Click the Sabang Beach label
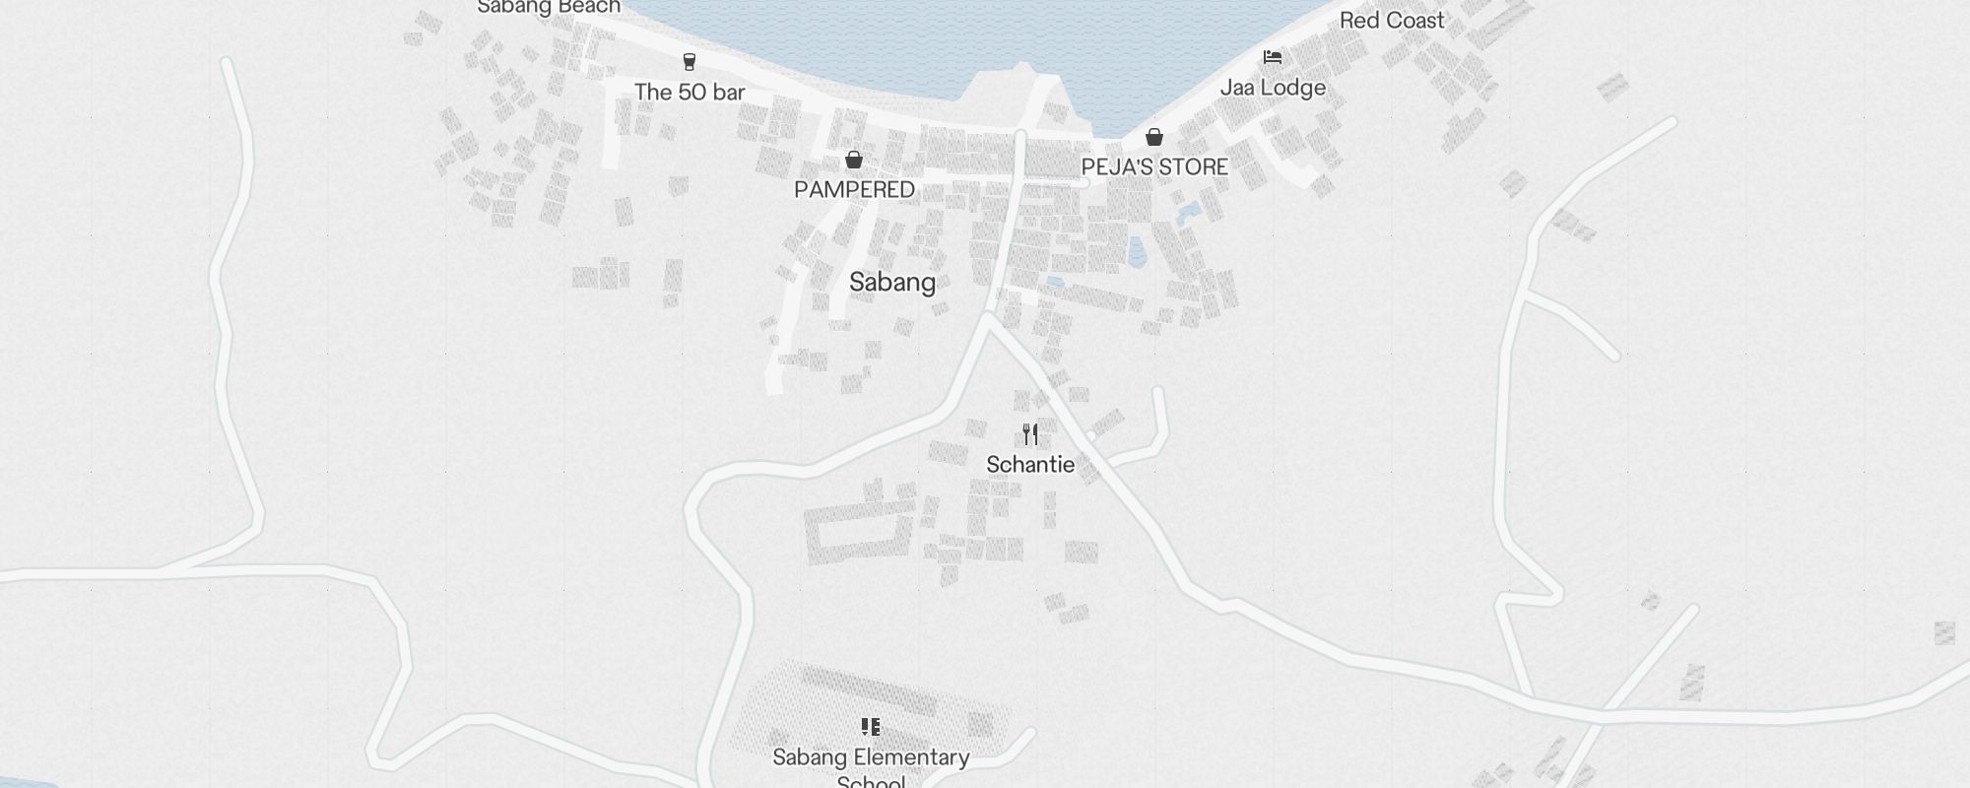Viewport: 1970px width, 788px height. pyautogui.click(x=549, y=7)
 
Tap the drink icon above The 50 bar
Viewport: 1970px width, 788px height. pyautogui.click(x=689, y=62)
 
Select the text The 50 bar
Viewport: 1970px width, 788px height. pyautogui.click(x=689, y=93)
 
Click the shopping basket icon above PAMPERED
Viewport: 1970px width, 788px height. pyautogui.click(x=854, y=160)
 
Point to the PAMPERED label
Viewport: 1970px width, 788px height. pyautogui.click(x=854, y=189)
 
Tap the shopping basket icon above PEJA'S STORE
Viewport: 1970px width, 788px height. pyautogui.click(x=1154, y=137)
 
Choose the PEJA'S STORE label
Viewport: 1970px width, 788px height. pyautogui.click(x=1154, y=167)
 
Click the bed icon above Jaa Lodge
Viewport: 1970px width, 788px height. pyautogui.click(x=1273, y=57)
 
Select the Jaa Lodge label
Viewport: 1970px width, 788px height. pyautogui.click(x=1273, y=88)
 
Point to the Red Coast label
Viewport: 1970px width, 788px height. pyautogui.click(x=1392, y=21)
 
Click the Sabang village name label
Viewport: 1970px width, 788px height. pyautogui.click(x=892, y=283)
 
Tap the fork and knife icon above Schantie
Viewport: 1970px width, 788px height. pyautogui.click(x=1030, y=434)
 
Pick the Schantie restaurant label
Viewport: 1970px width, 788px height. pyautogui.click(x=1030, y=465)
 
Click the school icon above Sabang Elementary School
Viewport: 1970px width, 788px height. pyautogui.click(x=871, y=727)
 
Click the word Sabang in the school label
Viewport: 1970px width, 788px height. pyautogui.click(x=810, y=757)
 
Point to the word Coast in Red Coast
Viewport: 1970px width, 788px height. pyautogui.click(x=1414, y=21)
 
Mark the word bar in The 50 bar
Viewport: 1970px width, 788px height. pyautogui.click(x=728, y=93)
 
